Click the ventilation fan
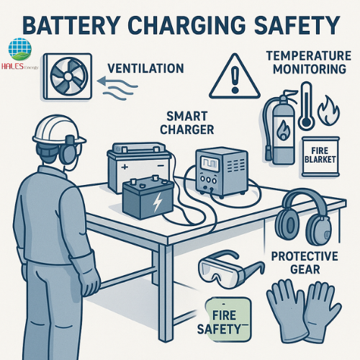[x=68, y=76]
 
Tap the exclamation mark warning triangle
[x=235, y=76]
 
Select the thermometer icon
[x=306, y=106]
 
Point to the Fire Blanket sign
[x=320, y=156]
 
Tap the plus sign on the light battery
[x=125, y=167]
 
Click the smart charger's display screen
[x=210, y=163]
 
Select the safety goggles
[x=231, y=269]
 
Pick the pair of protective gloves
[x=304, y=311]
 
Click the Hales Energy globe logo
[x=19, y=49]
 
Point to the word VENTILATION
[x=145, y=68]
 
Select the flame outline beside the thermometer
[x=328, y=110]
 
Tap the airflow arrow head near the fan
[x=102, y=81]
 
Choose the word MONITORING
[x=310, y=69]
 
